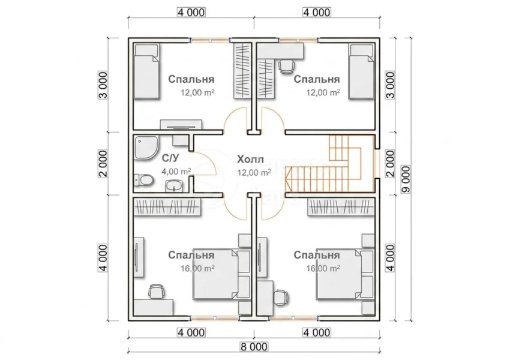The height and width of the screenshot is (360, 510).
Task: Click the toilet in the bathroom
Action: click(x=143, y=180)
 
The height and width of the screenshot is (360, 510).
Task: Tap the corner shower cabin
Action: click(x=145, y=148)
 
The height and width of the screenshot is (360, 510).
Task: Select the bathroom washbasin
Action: click(x=174, y=187)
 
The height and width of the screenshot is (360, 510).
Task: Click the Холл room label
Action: click(x=250, y=160)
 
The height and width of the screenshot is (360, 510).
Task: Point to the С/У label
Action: click(x=170, y=158)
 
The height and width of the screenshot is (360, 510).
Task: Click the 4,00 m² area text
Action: click(x=176, y=171)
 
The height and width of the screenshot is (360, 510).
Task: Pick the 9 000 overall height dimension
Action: click(x=406, y=179)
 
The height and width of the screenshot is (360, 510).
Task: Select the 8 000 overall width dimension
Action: click(x=254, y=347)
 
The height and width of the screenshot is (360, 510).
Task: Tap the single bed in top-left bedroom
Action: click(x=147, y=71)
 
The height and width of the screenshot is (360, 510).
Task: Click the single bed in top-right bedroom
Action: click(x=362, y=71)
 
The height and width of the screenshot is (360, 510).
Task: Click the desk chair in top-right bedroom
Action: click(x=286, y=67)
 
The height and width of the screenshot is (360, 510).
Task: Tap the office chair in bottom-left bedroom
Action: click(x=156, y=292)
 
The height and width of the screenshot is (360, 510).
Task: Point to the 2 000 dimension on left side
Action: click(x=103, y=164)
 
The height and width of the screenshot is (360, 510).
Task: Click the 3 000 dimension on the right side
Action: click(x=390, y=85)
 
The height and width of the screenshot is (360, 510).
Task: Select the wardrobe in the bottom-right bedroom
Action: click(x=341, y=206)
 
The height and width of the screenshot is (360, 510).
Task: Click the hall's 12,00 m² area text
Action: click(x=254, y=172)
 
